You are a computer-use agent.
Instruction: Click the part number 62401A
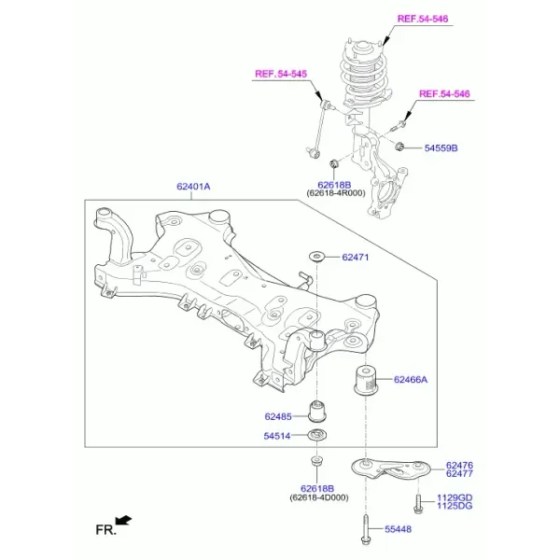coord(193,187)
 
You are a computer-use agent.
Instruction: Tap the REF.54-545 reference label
coord(281,74)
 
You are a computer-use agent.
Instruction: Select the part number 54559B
coord(441,147)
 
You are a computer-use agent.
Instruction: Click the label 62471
coord(355,258)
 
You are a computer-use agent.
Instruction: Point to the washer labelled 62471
coord(316,257)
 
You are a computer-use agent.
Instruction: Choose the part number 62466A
coord(411,379)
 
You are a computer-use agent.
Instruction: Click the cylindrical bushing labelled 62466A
coord(365,380)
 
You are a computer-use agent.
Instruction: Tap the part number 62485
coord(278,416)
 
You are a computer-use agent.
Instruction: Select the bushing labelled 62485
coord(317,412)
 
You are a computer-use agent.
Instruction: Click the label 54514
coord(277,436)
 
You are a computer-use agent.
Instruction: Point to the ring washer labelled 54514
coord(317,435)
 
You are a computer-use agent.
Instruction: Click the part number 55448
coord(398,529)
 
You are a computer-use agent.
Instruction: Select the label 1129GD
coord(455,497)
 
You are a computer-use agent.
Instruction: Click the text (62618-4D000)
coord(319,497)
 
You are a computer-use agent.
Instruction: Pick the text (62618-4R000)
coord(336,193)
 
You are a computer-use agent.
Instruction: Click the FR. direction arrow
coord(123,521)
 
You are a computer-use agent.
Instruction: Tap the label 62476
coord(459,465)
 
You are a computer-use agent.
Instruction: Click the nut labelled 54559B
coord(400,146)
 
